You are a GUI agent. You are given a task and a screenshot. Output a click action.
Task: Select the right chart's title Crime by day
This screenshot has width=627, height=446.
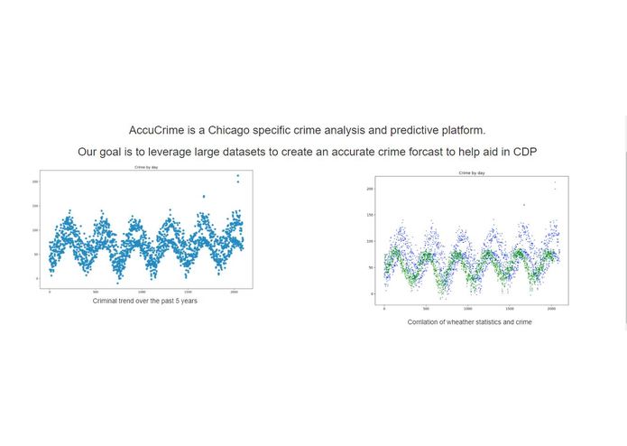pos(472,172)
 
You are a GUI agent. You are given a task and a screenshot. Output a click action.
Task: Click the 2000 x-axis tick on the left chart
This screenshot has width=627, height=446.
pos(235,292)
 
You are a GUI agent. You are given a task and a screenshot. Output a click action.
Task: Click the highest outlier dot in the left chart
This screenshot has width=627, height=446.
pos(238,176)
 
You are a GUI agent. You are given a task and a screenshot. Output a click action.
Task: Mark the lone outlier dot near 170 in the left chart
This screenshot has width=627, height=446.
pos(204,196)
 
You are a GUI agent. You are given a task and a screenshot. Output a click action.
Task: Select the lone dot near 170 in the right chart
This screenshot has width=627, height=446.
pos(524,205)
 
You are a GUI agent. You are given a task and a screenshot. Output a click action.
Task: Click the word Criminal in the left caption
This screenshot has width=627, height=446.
pos(106,301)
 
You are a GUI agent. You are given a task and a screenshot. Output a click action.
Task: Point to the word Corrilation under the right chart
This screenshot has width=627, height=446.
pos(423,321)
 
